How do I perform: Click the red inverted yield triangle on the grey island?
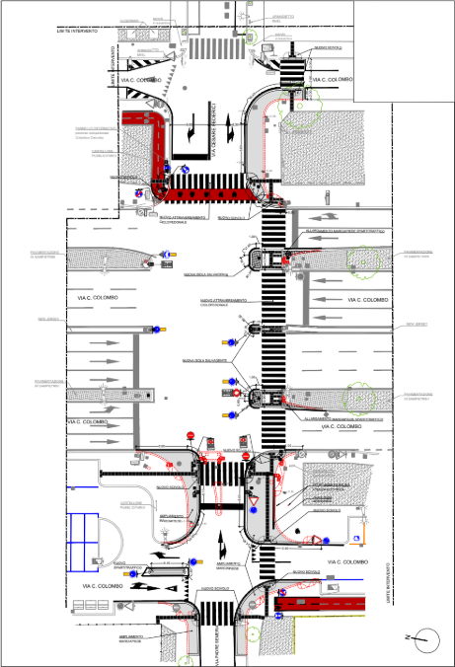point(256,502)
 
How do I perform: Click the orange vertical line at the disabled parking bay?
point(363,532)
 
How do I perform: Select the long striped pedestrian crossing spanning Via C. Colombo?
point(271,326)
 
